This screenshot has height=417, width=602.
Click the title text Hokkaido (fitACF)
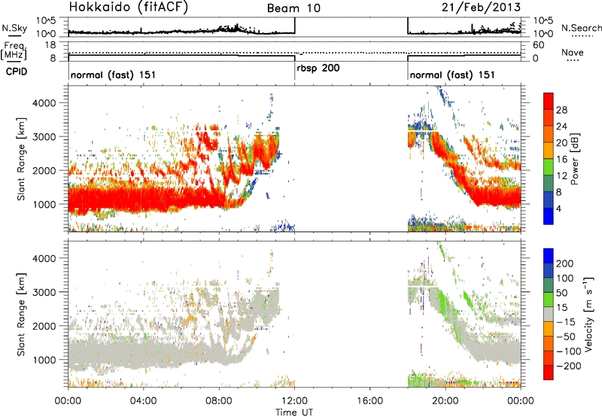pyautogui.click(x=129, y=8)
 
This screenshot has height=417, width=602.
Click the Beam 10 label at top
pyautogui.click(x=293, y=8)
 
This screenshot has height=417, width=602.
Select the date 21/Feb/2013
pyautogui.click(x=481, y=8)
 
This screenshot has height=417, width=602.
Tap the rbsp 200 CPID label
pyautogui.click(x=318, y=68)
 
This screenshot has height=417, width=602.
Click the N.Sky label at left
pyautogui.click(x=14, y=28)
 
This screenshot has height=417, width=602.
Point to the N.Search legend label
pyautogui.click(x=581, y=28)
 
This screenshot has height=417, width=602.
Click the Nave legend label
pyautogui.click(x=573, y=52)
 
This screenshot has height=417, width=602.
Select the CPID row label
pyautogui.click(x=17, y=72)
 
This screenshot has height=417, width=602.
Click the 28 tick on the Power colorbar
pyautogui.click(x=561, y=110)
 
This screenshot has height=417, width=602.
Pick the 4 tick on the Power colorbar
pyautogui.click(x=558, y=208)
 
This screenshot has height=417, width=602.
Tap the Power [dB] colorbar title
pyautogui.click(x=575, y=159)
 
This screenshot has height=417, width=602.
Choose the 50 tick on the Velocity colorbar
pyautogui.click(x=561, y=293)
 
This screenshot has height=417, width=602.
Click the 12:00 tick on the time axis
pyautogui.click(x=294, y=401)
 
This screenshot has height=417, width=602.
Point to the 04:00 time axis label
pyautogui.click(x=144, y=401)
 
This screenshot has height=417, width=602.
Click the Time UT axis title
pyautogui.click(x=294, y=412)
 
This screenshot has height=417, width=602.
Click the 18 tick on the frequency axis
pyautogui.click(x=51, y=45)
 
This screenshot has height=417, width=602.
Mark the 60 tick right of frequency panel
pyautogui.click(x=539, y=45)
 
